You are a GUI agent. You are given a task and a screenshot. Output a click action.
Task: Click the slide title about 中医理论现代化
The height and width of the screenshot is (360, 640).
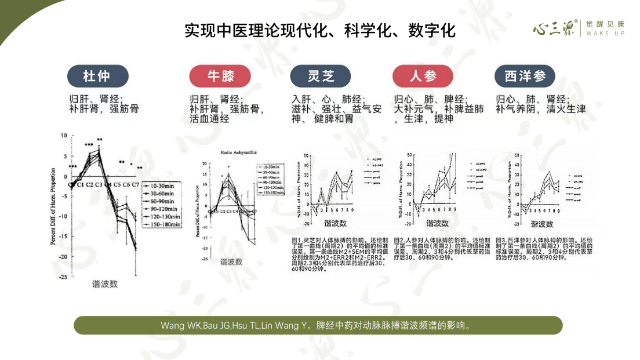pos(319,30)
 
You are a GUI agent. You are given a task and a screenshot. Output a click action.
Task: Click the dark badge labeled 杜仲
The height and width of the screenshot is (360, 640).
pos(96,76)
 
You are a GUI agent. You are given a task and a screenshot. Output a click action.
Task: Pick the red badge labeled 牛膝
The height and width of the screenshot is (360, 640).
pos(213,76)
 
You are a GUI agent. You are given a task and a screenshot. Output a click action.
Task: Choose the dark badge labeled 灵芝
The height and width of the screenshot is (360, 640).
pos(320,76)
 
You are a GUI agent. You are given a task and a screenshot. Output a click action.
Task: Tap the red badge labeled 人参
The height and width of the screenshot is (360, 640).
pos(423,76)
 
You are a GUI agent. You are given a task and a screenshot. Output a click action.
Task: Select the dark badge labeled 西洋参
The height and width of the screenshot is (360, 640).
pos(525,76)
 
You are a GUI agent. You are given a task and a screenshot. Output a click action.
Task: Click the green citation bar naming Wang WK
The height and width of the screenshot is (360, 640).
pos(318,325)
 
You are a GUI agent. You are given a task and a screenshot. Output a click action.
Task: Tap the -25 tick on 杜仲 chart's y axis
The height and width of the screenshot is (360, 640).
pos(63,277)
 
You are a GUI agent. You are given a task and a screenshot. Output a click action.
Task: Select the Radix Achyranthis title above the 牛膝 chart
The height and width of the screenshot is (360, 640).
pos(238,152)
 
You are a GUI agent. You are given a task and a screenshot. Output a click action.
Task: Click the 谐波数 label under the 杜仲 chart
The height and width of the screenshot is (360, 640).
pos(105,284)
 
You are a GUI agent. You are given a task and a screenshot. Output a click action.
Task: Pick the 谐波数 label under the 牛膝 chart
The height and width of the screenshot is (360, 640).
pos(231,261)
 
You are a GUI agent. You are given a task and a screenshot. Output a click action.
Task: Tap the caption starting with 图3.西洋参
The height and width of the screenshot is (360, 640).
pos(544,249)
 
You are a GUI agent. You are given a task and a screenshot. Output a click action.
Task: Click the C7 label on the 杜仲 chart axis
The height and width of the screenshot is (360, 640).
pos(136,184)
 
